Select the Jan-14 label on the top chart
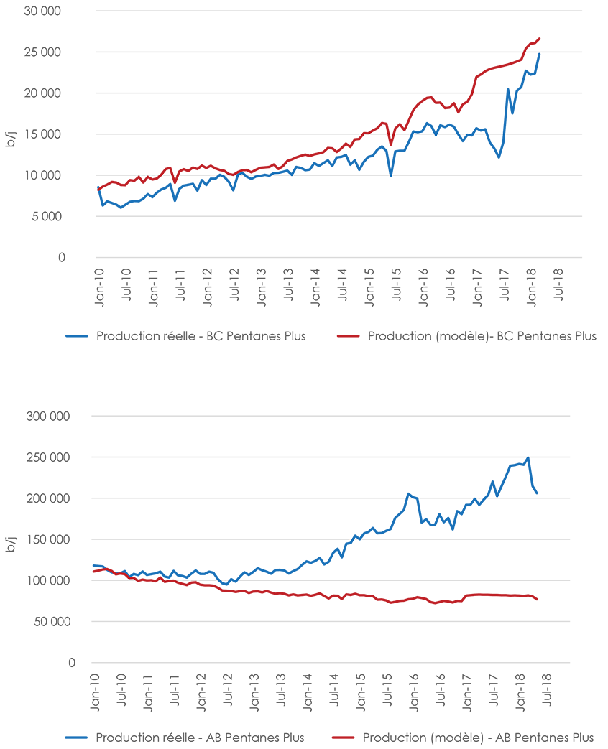point(315,286)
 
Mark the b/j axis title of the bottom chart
point(11,539)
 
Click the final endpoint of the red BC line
point(539,39)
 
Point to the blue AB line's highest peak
point(528,457)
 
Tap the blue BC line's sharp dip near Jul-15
point(391,176)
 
